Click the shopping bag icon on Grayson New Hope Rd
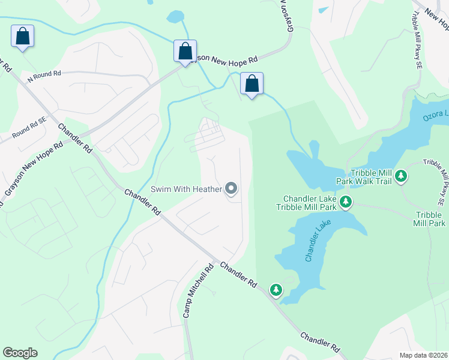coord(185,52)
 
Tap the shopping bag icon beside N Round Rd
coord(23,37)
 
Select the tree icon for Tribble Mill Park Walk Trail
coord(401,176)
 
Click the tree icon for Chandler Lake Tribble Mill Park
coord(345,202)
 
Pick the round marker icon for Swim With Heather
coord(232,190)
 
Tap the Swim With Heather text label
coord(186,190)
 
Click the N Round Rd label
coord(44,75)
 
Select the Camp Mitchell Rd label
coord(198,292)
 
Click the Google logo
coord(20,353)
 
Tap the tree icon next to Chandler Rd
coord(276,290)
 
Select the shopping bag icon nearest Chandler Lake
coord(252,84)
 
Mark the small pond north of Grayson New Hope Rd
coord(175,16)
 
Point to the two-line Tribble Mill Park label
coord(430,219)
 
